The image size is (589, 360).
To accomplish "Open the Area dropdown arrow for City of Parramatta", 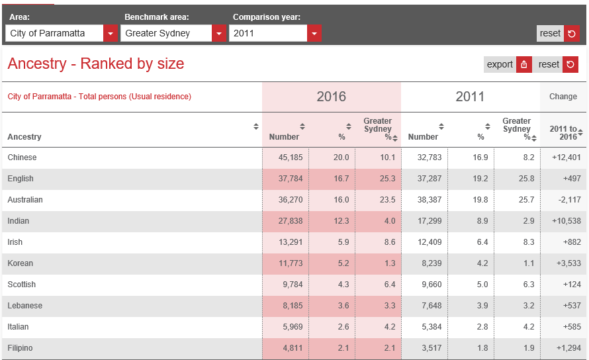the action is click(111, 34).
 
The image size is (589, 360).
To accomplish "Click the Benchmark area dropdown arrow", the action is click(219, 34).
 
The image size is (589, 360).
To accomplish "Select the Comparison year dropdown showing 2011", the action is click(275, 34).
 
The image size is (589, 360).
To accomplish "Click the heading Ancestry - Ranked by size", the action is click(96, 64).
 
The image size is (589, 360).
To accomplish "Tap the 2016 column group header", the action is click(332, 97).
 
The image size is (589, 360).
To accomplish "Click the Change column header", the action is click(563, 97).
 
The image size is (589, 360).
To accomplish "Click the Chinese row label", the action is click(22, 157).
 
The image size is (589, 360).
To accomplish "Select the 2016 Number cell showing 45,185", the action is click(291, 157).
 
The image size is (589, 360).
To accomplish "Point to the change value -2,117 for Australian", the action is click(569, 200).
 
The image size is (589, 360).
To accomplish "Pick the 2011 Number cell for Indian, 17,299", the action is click(430, 221).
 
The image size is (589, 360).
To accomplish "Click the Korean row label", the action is click(21, 263).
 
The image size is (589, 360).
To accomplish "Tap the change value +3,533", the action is click(568, 263).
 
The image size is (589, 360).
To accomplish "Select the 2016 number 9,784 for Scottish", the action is click(293, 285).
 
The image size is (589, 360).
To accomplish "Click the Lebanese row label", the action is click(24, 306).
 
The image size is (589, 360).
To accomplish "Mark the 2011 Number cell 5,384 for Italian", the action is click(431, 327).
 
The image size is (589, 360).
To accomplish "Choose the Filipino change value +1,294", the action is click(568, 348).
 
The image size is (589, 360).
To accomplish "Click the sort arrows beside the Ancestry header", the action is click(256, 126).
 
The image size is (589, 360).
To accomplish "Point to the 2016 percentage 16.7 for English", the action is click(341, 179).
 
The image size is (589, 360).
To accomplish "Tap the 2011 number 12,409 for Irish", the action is click(430, 242).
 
